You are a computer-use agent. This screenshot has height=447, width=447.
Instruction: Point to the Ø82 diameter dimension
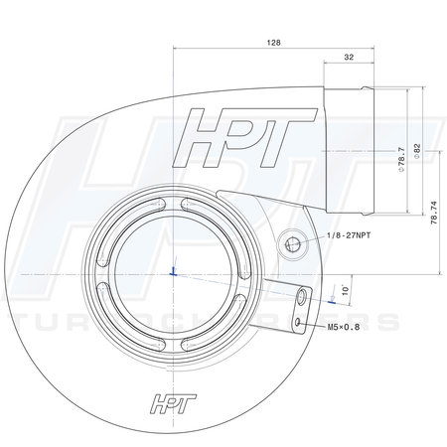point(417,150)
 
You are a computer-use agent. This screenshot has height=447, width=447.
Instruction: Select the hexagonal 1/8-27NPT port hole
point(293,242)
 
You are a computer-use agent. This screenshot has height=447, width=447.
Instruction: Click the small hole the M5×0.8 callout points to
point(297,321)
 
